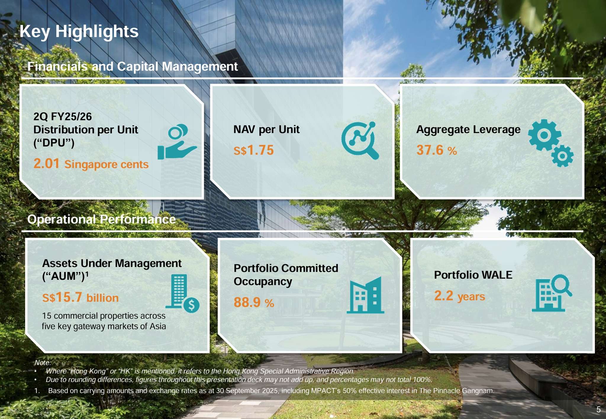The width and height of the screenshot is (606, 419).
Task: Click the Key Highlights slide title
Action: click(x=79, y=31)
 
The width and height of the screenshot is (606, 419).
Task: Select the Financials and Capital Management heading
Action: click(x=133, y=67)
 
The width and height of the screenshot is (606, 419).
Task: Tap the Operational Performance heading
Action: click(x=101, y=219)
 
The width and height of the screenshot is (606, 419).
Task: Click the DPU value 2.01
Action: click(x=46, y=164)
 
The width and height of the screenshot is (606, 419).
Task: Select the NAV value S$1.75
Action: click(x=254, y=150)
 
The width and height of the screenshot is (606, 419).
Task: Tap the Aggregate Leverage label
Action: click(x=468, y=130)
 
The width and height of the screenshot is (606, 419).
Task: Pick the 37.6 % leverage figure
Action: click(x=437, y=150)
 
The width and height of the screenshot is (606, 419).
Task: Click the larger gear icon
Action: click(x=544, y=135)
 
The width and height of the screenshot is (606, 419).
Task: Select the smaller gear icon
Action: click(x=562, y=156)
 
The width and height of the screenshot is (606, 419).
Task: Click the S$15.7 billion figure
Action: click(x=80, y=297)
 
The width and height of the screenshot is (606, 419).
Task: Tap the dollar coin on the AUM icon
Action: click(x=191, y=305)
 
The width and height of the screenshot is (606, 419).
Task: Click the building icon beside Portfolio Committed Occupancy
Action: click(x=365, y=295)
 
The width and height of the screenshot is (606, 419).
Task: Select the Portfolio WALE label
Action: click(x=473, y=275)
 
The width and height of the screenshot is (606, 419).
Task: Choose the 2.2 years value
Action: click(x=460, y=296)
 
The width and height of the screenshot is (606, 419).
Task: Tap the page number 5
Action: click(x=598, y=410)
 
